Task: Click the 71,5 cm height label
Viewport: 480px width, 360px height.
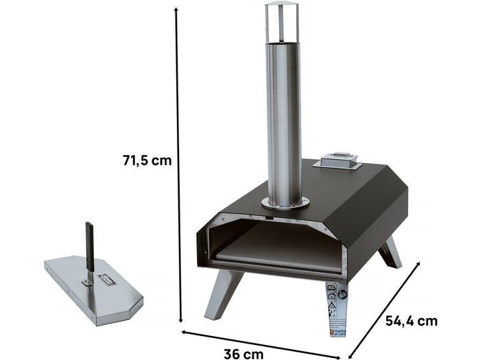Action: click(x=147, y=160)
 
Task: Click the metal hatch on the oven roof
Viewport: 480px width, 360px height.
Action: click(x=337, y=160)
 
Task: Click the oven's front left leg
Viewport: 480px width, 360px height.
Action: click(x=223, y=293)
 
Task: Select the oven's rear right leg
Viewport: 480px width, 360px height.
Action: click(x=390, y=252)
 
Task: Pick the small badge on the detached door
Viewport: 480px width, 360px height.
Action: click(x=108, y=280)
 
